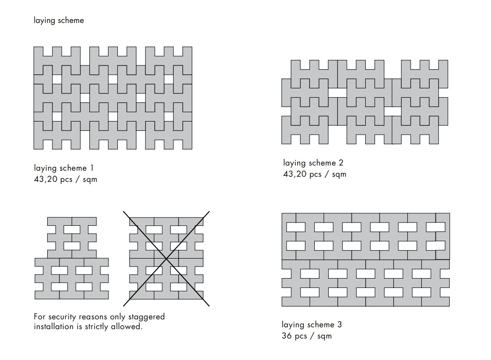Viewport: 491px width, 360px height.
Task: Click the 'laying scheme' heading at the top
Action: click(59, 21)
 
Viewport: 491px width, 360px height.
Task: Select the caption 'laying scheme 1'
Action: click(64, 168)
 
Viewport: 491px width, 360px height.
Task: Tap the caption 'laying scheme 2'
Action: click(313, 163)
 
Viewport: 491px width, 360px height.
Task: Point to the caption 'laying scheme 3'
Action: click(311, 324)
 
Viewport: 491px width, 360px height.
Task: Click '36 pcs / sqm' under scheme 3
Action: click(307, 336)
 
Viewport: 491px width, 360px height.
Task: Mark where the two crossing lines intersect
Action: click(166, 259)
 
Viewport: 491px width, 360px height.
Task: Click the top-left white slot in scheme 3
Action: click(296, 227)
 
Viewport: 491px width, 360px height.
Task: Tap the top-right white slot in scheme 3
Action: click(435, 227)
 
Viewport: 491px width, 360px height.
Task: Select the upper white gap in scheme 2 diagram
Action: click(338, 93)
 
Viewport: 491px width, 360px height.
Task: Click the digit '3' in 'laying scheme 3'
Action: click(339, 324)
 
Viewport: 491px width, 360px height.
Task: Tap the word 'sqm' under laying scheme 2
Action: click(339, 175)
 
